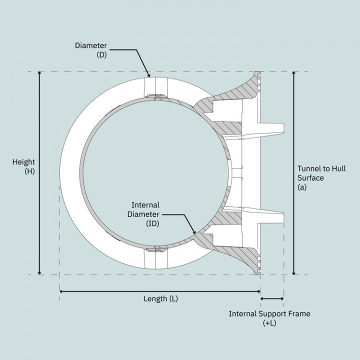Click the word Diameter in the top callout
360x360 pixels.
click(91, 45)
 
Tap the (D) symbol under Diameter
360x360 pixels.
click(102, 54)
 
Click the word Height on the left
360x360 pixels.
click(24, 162)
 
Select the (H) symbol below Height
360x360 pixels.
click(29, 171)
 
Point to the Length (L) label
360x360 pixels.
click(160, 299)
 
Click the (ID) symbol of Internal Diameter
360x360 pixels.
click(153, 224)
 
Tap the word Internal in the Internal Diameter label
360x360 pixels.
click(145, 205)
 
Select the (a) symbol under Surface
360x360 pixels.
click(301, 187)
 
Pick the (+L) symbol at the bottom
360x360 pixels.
click(269, 323)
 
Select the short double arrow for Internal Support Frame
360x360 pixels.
click(272, 299)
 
